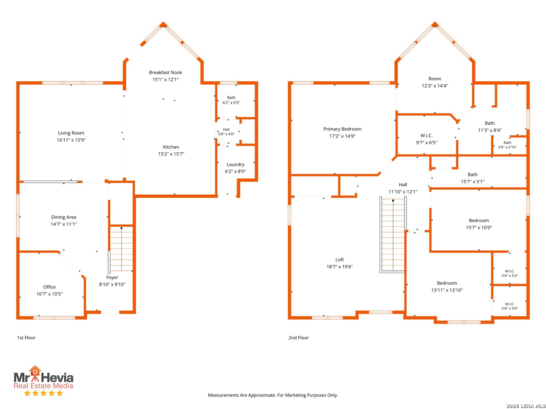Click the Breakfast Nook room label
point(165,72)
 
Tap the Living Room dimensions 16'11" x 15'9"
point(71,140)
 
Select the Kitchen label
point(171,147)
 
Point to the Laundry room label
point(235,164)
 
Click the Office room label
point(49,287)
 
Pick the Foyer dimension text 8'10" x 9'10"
point(112,284)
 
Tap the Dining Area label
point(63,217)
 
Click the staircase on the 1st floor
point(121,248)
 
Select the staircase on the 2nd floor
point(392,234)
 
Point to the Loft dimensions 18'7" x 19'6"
point(339,267)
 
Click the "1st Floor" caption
point(26,337)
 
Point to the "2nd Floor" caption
point(298,337)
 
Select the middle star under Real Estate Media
point(44,393)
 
